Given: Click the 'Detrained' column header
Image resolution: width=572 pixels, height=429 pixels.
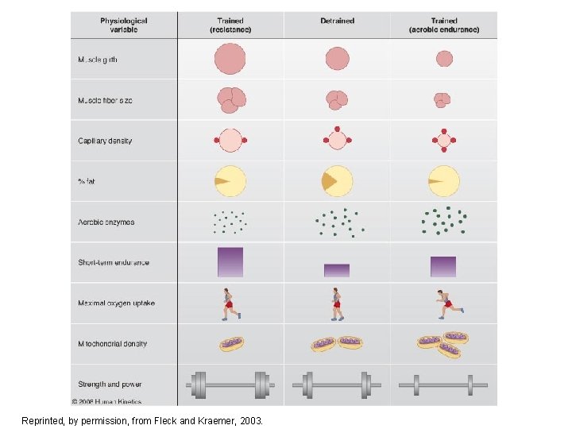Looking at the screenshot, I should click(x=337, y=21).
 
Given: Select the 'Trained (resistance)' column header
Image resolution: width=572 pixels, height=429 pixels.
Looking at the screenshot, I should click(x=230, y=25).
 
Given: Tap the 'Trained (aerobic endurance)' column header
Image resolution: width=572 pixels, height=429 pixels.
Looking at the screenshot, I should click(x=443, y=25).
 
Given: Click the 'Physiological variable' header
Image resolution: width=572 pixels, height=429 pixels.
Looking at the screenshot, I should click(x=123, y=25).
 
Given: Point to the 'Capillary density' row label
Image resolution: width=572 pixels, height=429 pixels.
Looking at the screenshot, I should click(x=105, y=141).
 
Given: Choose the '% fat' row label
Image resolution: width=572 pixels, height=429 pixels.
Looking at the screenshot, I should click(x=86, y=182).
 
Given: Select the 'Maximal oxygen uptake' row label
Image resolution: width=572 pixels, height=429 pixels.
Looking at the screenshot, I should click(x=116, y=303).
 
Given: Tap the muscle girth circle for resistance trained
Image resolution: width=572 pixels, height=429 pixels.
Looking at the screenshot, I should click(x=230, y=59).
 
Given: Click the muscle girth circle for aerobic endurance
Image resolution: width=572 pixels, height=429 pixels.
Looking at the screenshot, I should click(x=443, y=59).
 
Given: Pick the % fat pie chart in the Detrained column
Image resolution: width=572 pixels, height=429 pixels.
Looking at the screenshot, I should click(x=337, y=181).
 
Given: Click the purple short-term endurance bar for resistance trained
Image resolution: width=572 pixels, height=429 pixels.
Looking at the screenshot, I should click(x=230, y=262).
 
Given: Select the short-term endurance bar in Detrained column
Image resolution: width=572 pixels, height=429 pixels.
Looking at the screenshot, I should click(x=337, y=270).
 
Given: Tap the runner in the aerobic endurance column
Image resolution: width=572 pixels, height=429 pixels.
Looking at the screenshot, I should click(x=448, y=303).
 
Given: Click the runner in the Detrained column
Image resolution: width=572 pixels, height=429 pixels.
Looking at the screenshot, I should click(x=338, y=303).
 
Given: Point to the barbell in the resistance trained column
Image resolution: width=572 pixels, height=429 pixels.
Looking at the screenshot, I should click(x=230, y=385).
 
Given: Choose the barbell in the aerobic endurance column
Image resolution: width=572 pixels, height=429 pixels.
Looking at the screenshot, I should click(x=443, y=385).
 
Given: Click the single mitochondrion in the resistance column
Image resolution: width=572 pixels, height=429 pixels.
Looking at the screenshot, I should click(x=231, y=344).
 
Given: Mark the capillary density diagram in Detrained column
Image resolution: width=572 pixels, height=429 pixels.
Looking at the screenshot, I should click(x=337, y=141).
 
